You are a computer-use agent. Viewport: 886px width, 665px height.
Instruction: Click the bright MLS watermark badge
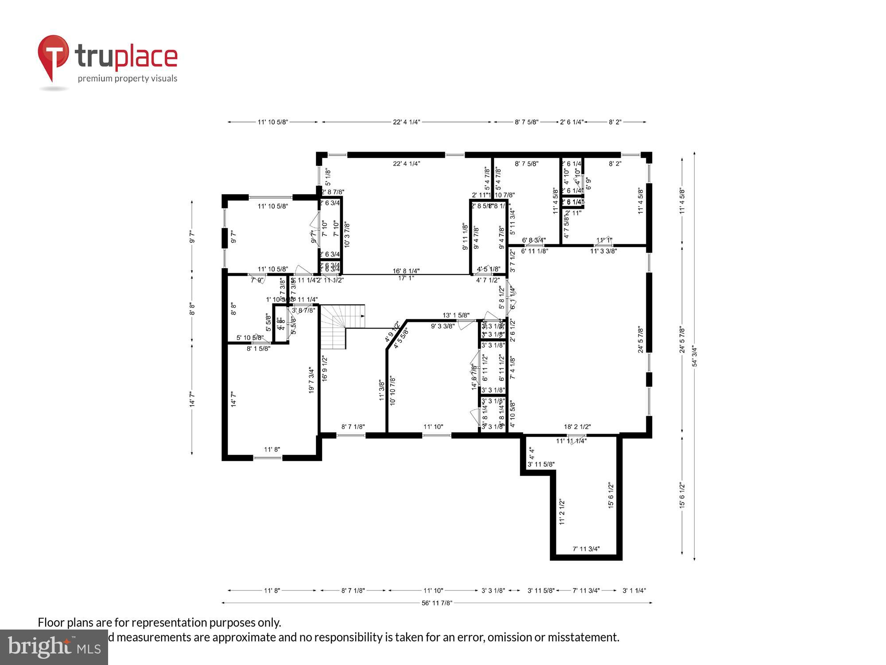coord(54,647)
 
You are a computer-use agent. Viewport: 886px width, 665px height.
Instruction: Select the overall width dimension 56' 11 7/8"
coord(437,603)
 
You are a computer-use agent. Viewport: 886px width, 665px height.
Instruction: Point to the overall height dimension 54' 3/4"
coord(695,356)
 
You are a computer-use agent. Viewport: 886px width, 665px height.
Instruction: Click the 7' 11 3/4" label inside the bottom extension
coord(586,549)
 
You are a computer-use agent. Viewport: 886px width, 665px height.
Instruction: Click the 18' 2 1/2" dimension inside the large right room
coord(577,427)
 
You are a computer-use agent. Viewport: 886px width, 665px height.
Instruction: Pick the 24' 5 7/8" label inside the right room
coord(641,340)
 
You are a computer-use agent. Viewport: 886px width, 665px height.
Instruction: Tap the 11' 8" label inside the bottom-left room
coord(272,450)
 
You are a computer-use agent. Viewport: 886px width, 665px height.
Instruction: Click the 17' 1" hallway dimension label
coord(406,278)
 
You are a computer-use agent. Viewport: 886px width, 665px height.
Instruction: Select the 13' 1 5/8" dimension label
coord(456,315)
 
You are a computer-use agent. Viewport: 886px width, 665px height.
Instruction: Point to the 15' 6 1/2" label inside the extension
coord(611,495)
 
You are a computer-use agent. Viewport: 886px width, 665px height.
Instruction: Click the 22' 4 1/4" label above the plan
coord(406,122)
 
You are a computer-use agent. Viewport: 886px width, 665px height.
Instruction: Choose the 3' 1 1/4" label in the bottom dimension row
coord(634,591)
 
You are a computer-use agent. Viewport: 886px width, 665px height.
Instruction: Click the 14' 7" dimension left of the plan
coord(192,399)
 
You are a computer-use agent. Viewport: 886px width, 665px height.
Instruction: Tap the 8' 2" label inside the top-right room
coord(615,164)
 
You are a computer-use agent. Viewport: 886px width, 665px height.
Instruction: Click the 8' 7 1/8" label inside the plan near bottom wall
coord(353,427)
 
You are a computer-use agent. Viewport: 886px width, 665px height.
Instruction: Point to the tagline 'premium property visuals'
coord(128,79)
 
